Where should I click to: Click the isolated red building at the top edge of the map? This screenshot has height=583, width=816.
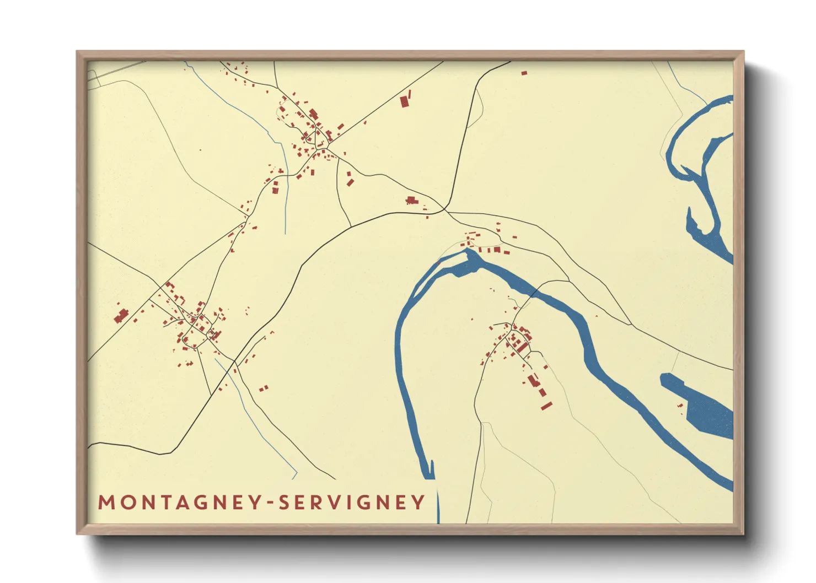pos(524,73)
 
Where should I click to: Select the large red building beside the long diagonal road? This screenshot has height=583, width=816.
pos(405,101)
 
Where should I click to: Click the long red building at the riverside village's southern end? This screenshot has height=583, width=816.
pos(546,406)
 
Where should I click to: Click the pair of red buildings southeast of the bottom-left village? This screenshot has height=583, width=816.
pos(264,388)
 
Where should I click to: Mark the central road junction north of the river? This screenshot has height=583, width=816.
pos(444,210)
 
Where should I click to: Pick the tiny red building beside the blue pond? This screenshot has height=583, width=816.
pos(680,406)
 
